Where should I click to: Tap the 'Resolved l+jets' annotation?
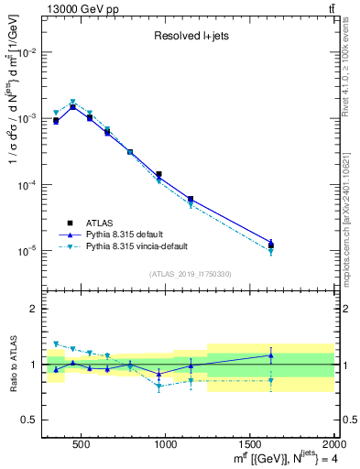191,37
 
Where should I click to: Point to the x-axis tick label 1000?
167,444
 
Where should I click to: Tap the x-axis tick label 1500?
250,444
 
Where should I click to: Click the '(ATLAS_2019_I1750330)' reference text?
190,274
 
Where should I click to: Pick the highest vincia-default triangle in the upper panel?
72,103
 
